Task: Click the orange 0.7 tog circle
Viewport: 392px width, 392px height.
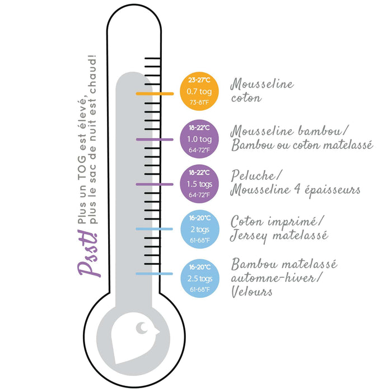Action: click(199, 91)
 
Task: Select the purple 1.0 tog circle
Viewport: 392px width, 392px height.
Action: click(199, 139)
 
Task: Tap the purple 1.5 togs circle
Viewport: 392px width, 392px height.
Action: click(199, 184)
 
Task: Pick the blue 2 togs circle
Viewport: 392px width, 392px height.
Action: click(200, 229)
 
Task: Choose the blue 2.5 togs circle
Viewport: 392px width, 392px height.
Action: click(200, 278)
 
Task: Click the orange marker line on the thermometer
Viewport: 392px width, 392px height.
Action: click(155, 94)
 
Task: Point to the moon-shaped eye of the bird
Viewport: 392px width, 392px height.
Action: click(142, 328)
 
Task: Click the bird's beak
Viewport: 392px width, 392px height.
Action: click(157, 332)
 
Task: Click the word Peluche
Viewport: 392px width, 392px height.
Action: click(254, 175)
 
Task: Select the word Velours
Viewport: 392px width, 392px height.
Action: click(251, 292)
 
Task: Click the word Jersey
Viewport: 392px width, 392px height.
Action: click(249, 236)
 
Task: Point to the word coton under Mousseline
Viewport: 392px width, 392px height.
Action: click(246, 98)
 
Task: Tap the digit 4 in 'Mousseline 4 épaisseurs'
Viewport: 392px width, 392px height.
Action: click(297, 189)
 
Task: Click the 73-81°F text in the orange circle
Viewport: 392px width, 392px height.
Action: click(199, 102)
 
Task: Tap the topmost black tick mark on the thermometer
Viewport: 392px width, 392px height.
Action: click(152, 58)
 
